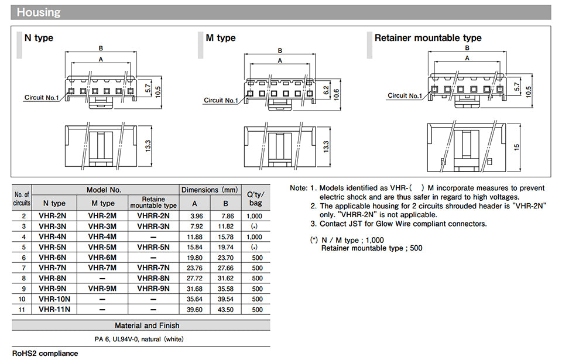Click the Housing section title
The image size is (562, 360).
point(39,12)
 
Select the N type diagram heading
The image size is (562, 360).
point(39,38)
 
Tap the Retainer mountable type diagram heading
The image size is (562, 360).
point(428,38)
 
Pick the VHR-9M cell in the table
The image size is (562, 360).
point(102,289)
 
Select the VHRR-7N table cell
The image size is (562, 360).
point(153,268)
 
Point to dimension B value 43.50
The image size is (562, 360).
point(226,310)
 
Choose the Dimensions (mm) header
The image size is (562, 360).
point(210,190)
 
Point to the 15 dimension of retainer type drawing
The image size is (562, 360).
point(516,147)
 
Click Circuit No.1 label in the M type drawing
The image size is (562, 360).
point(221,100)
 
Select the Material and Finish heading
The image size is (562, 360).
point(147,325)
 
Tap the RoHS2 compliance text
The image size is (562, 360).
point(45,354)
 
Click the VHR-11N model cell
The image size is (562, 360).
point(54,310)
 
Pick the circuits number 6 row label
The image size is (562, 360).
point(23,258)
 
